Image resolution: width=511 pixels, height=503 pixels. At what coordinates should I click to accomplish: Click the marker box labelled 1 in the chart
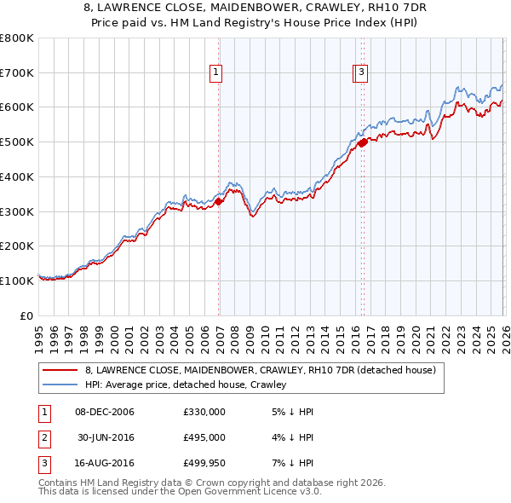[x=217, y=73]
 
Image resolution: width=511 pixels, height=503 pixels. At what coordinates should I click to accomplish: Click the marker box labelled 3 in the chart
[x=362, y=73]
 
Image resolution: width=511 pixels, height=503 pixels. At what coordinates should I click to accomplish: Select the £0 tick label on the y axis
[x=27, y=315]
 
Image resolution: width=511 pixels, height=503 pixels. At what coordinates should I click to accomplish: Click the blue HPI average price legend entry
[x=185, y=384]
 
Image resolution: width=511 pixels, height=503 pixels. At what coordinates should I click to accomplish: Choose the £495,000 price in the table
[x=204, y=437]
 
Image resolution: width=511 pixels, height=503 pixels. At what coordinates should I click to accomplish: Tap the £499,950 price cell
[x=204, y=463]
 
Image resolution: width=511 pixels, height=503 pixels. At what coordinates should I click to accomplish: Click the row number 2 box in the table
[x=43, y=437]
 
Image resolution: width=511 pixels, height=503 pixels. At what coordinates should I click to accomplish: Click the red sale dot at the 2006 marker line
[x=219, y=202]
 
